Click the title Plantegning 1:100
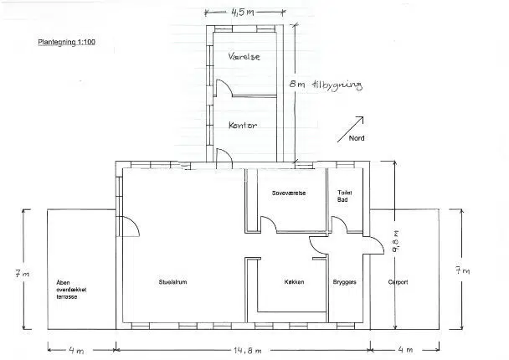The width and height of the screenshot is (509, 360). pyautogui.click(x=66, y=42)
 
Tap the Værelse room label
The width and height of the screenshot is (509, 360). pyautogui.click(x=244, y=56)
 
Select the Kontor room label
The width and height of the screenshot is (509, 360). pyautogui.click(x=243, y=126)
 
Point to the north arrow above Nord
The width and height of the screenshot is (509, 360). pyautogui.click(x=350, y=129)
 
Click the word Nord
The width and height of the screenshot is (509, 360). pyautogui.click(x=357, y=138)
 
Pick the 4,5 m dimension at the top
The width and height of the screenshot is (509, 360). pyautogui.click(x=242, y=13)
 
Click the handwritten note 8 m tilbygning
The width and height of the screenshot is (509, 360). pyautogui.click(x=326, y=85)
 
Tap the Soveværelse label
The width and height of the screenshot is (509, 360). pyautogui.click(x=289, y=193)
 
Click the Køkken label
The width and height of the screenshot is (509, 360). pyautogui.click(x=294, y=282)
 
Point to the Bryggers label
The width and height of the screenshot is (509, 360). pyautogui.click(x=344, y=282)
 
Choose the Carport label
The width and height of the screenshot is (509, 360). pyautogui.click(x=398, y=282)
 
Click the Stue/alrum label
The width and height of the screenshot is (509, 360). pyautogui.click(x=172, y=282)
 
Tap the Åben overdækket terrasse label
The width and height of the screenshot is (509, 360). pyautogui.click(x=71, y=290)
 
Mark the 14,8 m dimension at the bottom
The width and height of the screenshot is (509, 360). pyautogui.click(x=247, y=351)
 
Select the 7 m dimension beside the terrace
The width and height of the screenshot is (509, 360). pyautogui.click(x=22, y=274)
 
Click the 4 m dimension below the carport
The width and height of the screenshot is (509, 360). pyautogui.click(x=405, y=350)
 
